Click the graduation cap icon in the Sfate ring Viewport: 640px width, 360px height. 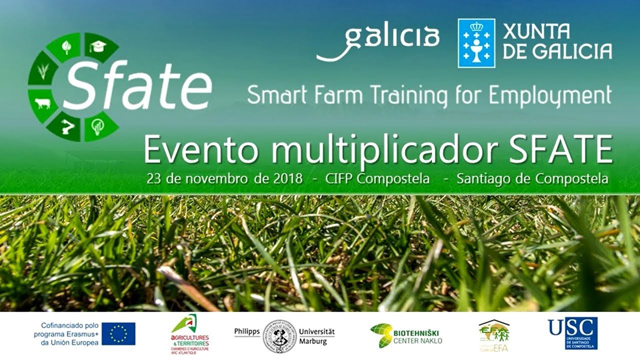[98, 47]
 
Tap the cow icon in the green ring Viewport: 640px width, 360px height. [43, 103]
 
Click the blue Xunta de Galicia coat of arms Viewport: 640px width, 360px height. [476, 43]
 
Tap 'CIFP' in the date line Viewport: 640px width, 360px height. [339, 178]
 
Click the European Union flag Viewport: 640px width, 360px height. [118, 333]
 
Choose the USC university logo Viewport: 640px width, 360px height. [572, 333]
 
